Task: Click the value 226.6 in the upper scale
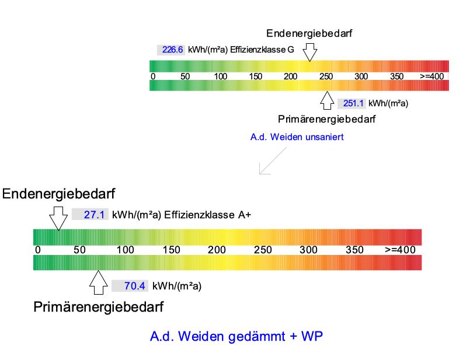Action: pos(173,50)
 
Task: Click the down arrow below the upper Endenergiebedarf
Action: pos(310,52)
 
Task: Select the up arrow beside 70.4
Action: pos(99,282)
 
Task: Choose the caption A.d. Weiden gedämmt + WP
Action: pos(237,337)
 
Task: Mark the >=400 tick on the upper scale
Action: pos(433,77)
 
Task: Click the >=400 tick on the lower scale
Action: pos(400,250)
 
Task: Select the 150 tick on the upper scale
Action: pos(256,77)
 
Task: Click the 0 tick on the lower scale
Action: pos(38,250)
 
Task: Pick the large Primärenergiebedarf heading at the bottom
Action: pos(98,306)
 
